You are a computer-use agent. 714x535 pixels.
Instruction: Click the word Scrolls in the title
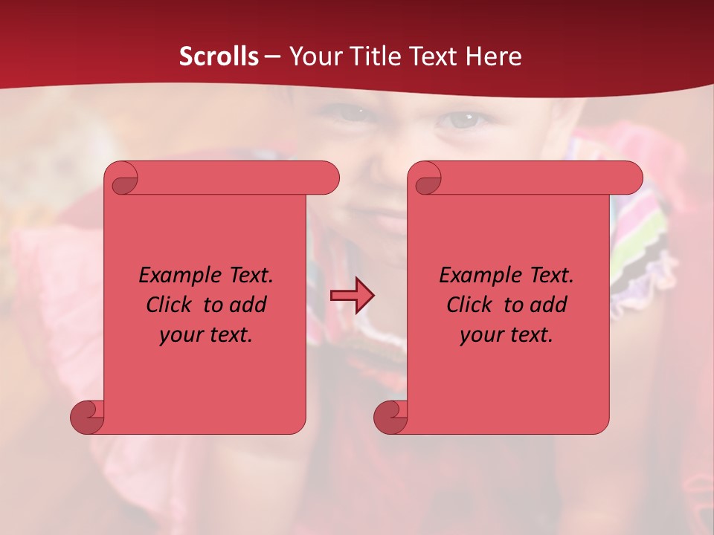click(219, 56)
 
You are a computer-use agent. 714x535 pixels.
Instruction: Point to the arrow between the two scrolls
click(352, 296)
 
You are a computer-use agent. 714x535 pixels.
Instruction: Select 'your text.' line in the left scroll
click(206, 335)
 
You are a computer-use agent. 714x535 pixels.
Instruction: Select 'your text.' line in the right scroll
click(506, 335)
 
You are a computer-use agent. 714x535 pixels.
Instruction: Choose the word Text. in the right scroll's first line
click(546, 276)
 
